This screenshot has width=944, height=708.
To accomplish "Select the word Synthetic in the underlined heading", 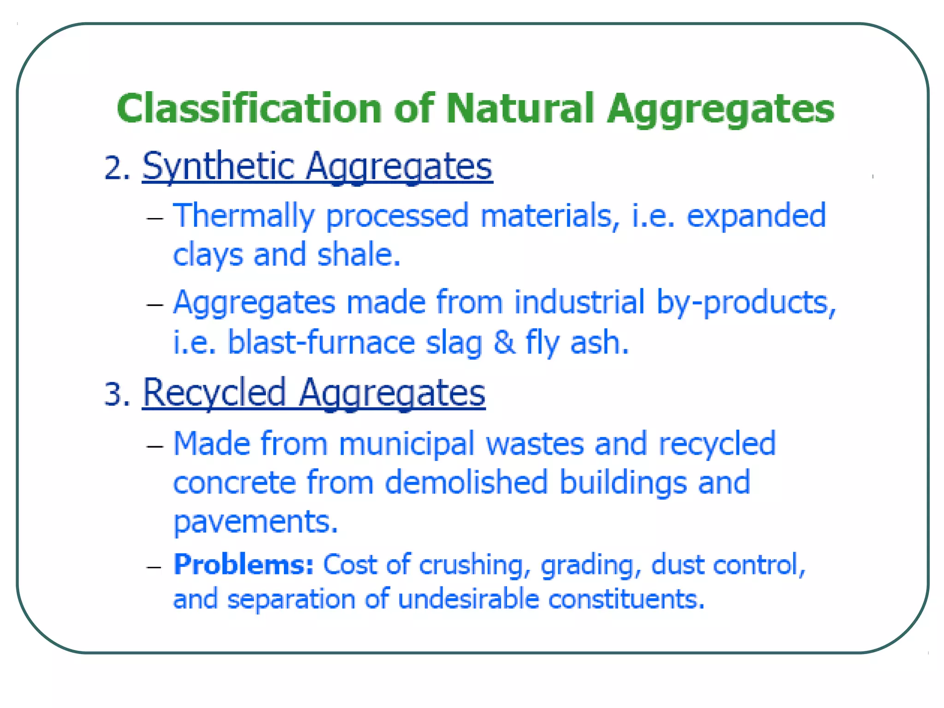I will pyautogui.click(x=218, y=167).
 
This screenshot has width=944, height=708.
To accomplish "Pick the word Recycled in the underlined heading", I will pyautogui.click(x=214, y=393).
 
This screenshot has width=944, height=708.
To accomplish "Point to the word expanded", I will pyautogui.click(x=756, y=216).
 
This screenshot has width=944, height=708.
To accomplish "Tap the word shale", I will pyautogui.click(x=358, y=255).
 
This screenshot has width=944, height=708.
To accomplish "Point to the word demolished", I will pyautogui.click(x=466, y=483).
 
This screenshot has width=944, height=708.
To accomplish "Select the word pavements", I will pyautogui.click(x=255, y=522).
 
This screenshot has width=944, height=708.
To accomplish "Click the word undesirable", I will pyautogui.click(x=468, y=599).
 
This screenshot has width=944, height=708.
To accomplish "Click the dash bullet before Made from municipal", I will pyautogui.click(x=155, y=446).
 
